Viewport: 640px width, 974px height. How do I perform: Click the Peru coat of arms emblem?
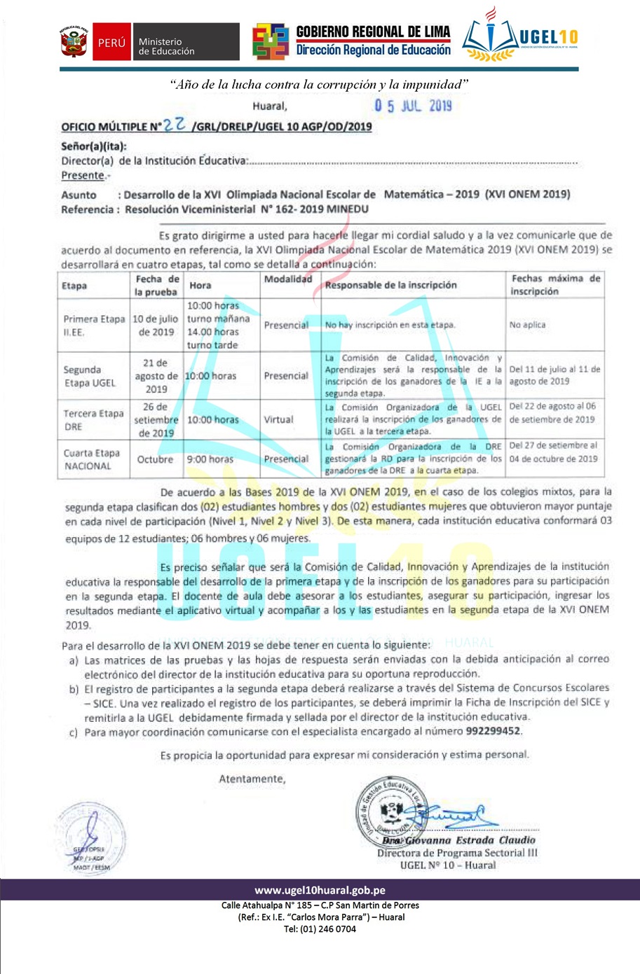coord(74,42)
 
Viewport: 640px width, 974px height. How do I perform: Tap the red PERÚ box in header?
coord(111,43)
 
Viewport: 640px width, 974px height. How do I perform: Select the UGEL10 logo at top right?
coord(520,38)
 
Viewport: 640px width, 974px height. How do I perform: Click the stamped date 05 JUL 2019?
coord(413,106)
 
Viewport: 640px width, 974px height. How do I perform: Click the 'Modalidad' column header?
coord(287,279)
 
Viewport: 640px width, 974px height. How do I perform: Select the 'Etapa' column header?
coord(74,286)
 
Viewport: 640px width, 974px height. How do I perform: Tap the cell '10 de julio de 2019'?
coord(156,326)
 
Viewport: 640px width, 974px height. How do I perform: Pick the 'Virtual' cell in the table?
coord(278,419)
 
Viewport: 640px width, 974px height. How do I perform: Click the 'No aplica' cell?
coord(527,325)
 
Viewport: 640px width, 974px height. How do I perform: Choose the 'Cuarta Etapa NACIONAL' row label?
coord(91,459)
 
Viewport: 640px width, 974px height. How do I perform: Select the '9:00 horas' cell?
coord(209,459)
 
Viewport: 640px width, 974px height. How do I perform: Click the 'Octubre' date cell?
coord(155,459)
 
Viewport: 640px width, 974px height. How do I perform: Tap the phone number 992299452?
coord(493,731)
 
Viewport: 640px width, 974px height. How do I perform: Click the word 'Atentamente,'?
coord(252,779)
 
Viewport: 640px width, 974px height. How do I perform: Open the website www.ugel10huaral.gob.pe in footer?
coord(320,891)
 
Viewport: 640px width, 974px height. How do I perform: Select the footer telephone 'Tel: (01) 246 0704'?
coord(320,929)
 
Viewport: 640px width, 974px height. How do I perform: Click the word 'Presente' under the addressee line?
coord(83,176)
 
